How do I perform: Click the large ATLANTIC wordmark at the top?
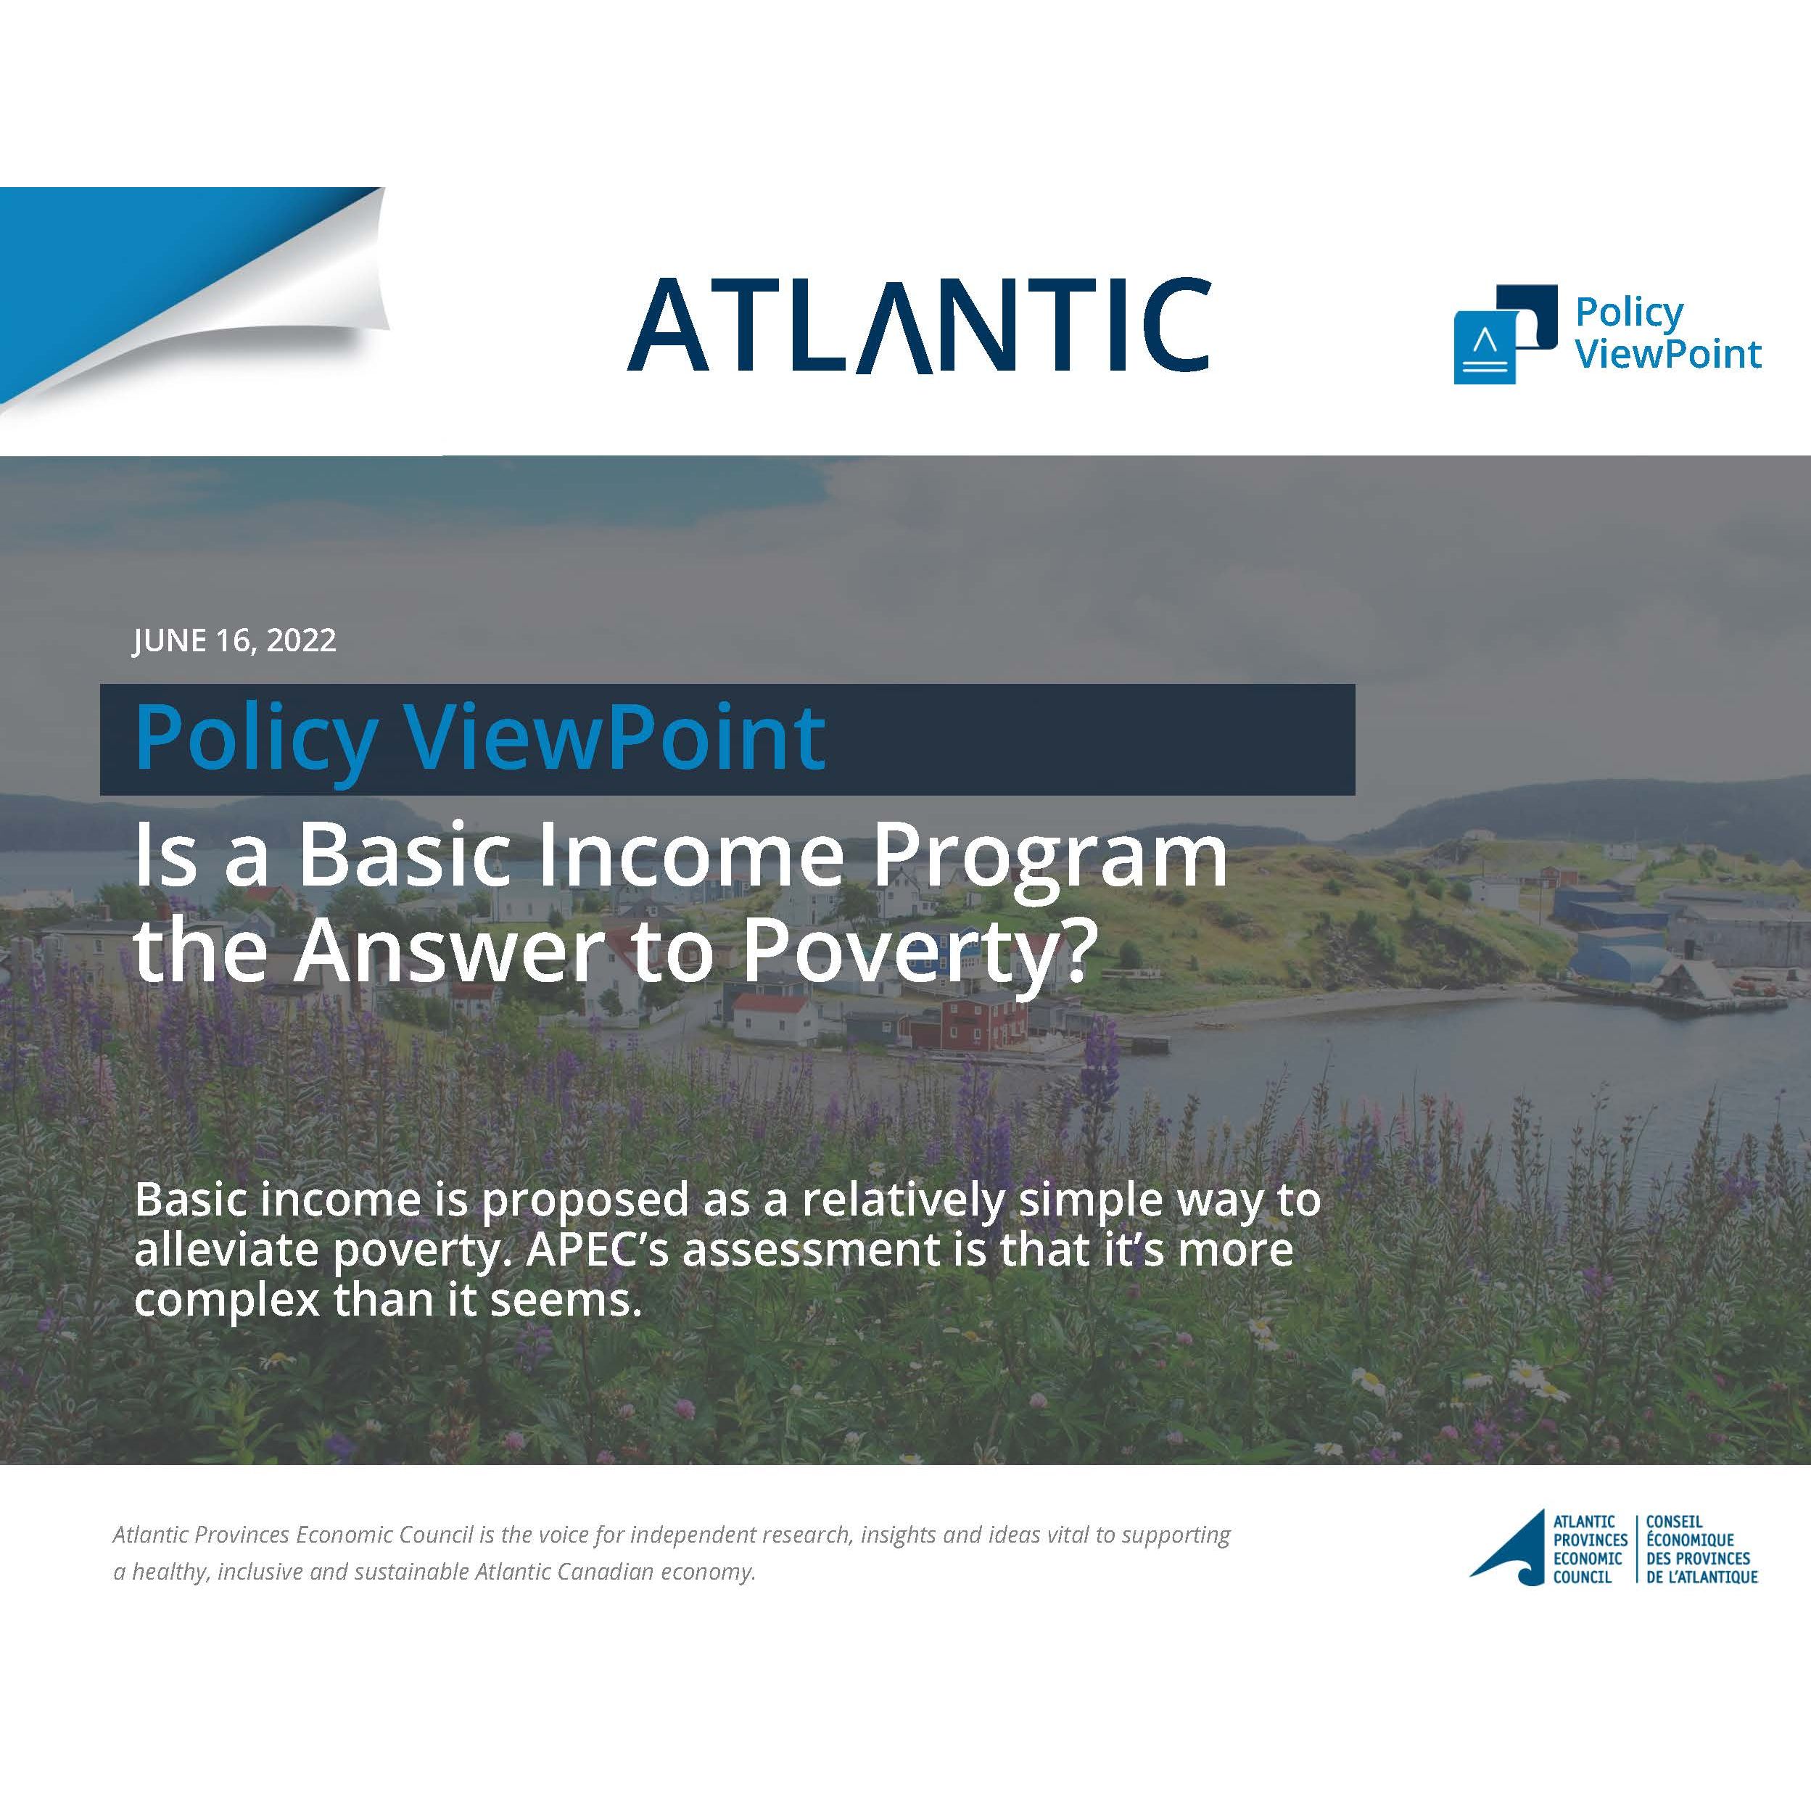(x=919, y=324)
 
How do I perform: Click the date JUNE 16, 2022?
(x=234, y=641)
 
